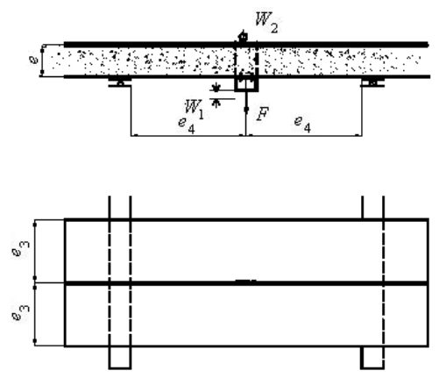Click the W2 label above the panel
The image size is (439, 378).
(266, 23)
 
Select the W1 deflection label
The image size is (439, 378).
(195, 110)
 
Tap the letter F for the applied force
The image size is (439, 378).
(262, 114)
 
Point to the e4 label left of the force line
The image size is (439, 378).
(187, 125)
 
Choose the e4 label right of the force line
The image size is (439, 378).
(302, 124)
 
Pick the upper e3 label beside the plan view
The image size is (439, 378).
(21, 248)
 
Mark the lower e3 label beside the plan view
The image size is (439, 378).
(20, 312)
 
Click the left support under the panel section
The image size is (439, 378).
(120, 82)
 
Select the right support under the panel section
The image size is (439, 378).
(372, 82)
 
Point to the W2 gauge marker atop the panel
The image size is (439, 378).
(243, 36)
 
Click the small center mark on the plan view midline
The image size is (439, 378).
(246, 282)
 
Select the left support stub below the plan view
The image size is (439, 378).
(120, 358)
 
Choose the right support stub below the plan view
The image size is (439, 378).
(372, 358)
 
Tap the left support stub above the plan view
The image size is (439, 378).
(120, 207)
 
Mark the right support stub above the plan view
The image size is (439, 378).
(373, 207)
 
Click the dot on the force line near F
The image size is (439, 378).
(246, 110)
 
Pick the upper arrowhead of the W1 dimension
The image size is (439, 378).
(216, 87)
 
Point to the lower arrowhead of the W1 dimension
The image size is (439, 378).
(216, 103)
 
